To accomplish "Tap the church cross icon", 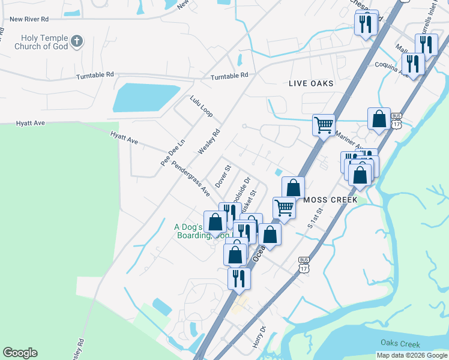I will pyautogui.click(x=76, y=41).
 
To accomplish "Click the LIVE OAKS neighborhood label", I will pyautogui.click(x=311, y=83).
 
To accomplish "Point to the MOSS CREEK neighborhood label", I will pyautogui.click(x=331, y=199).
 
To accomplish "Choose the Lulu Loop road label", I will pyautogui.click(x=202, y=106).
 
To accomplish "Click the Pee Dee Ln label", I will pyautogui.click(x=166, y=154).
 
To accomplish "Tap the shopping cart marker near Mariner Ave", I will pyautogui.click(x=324, y=125).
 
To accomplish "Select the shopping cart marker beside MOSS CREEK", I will pyautogui.click(x=284, y=208).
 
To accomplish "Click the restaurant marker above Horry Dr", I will pyautogui.click(x=239, y=278).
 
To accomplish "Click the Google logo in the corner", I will pyautogui.click(x=20, y=353).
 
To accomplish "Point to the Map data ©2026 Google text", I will pyautogui.click(x=412, y=355).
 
